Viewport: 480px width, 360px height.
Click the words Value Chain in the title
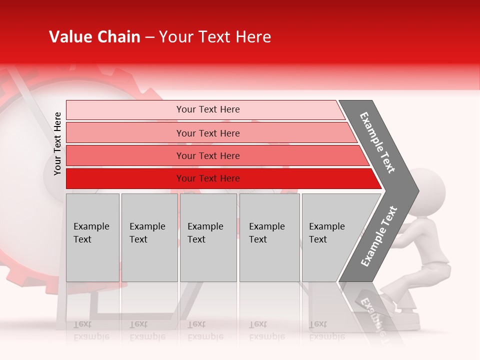coord(94,37)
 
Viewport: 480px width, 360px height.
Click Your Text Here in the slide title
coord(215,37)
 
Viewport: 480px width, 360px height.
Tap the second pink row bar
coord(207,133)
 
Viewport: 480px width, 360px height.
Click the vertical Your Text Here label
coord(57,143)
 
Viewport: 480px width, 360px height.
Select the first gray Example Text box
coord(92,237)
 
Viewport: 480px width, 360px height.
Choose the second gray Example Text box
coord(149,237)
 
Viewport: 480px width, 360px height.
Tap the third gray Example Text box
coord(208,237)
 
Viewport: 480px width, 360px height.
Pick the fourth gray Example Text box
coord(269,237)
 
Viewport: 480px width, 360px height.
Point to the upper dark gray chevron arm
coord(378,142)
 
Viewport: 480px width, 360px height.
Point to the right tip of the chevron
coord(417,191)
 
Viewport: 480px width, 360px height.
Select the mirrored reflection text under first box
coord(91,330)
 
